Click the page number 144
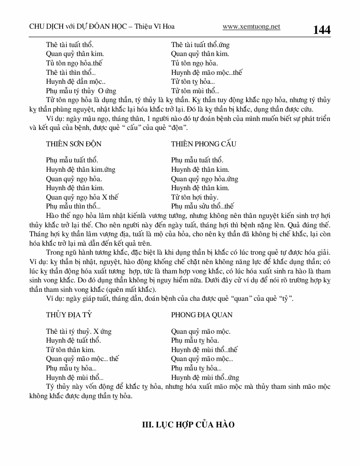point(321,30)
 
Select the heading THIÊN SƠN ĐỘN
point(74,144)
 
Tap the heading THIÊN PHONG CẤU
point(204,144)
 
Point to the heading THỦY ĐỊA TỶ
point(68,315)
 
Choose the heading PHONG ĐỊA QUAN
point(202,315)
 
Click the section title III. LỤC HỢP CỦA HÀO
point(188,425)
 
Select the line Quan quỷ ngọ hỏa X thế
point(82,197)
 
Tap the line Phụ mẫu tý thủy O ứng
point(81,91)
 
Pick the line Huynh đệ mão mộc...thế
point(207,72)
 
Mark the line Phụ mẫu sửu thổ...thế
point(202,206)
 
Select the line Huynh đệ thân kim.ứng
point(80,169)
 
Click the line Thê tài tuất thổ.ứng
point(200,45)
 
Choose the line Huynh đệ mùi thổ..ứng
point(205,378)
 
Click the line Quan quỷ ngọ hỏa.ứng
point(205,179)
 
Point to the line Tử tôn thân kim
point(71,350)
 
